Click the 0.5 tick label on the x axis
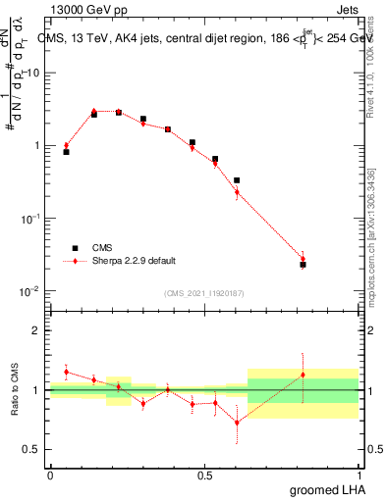204,476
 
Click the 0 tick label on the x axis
50,476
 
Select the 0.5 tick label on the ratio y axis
32,449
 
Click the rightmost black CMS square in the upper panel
303,265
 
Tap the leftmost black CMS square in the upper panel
66,152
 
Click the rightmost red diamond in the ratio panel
303,375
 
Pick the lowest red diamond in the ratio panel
237,423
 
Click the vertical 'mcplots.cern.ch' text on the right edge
370,235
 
